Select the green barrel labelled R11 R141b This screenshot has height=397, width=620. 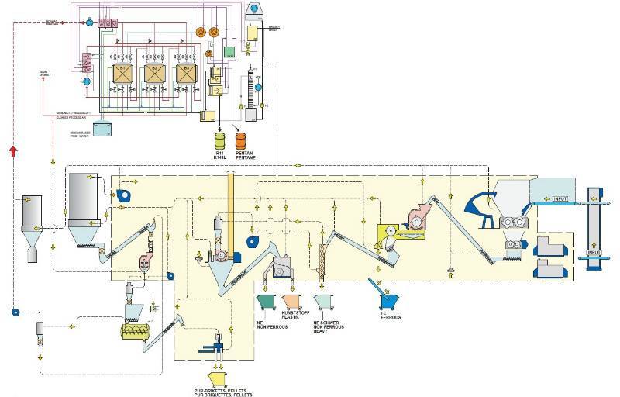click(x=219, y=140)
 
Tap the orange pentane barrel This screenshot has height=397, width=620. click(x=240, y=141)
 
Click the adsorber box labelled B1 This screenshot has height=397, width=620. click(x=122, y=74)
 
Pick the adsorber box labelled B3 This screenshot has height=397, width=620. click(x=184, y=74)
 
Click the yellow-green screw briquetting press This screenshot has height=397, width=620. click(x=138, y=331)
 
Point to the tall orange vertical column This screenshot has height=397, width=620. click(x=229, y=197)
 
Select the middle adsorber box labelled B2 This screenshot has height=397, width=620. click(x=153, y=74)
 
